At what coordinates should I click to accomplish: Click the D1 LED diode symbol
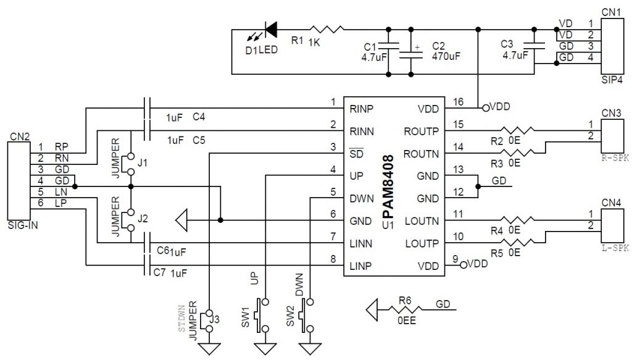pyautogui.click(x=270, y=29)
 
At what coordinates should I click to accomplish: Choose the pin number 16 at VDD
pyautogui.click(x=457, y=102)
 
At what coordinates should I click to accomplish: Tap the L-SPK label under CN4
pyautogui.click(x=613, y=248)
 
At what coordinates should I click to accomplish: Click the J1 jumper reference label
pyautogui.click(x=143, y=163)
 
